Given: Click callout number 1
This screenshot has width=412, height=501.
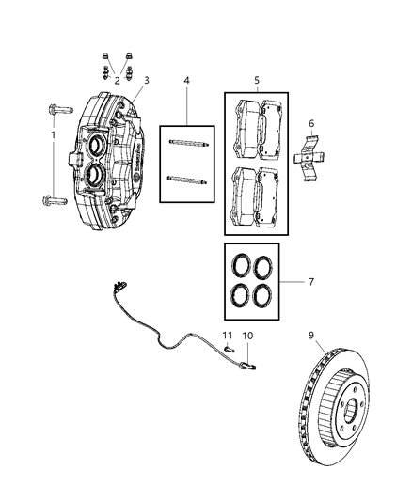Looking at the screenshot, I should tap(54, 135).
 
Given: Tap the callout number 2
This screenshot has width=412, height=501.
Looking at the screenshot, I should tap(117, 81).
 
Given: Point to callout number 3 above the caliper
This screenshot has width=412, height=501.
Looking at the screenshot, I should tap(146, 81).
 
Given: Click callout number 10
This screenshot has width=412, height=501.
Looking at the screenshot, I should tap(248, 335).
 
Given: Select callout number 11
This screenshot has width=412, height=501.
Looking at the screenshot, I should tap(227, 335).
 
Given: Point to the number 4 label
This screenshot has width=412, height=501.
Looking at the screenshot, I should tap(186, 81).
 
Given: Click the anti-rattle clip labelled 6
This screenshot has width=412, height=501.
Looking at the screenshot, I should tap(311, 156).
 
